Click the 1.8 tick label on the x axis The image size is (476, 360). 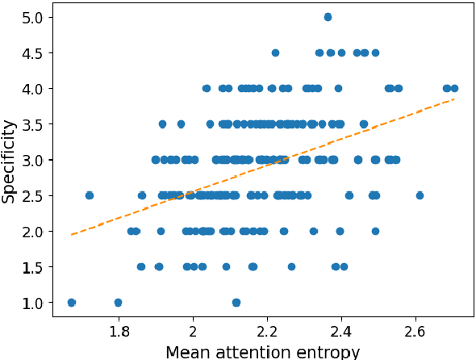point(119,331)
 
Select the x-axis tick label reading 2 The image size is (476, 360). point(194,331)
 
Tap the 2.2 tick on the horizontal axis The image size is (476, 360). point(268,331)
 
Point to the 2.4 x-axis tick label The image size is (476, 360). point(342,331)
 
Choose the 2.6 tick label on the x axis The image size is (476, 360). point(416,331)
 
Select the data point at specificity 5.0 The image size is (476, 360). point(328,17)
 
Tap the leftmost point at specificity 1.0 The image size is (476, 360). point(71,303)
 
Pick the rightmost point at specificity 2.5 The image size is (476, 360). point(420,195)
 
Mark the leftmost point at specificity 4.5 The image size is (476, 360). point(275,52)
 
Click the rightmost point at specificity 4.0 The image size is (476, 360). point(454,88)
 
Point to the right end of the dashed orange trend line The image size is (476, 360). point(456,99)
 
